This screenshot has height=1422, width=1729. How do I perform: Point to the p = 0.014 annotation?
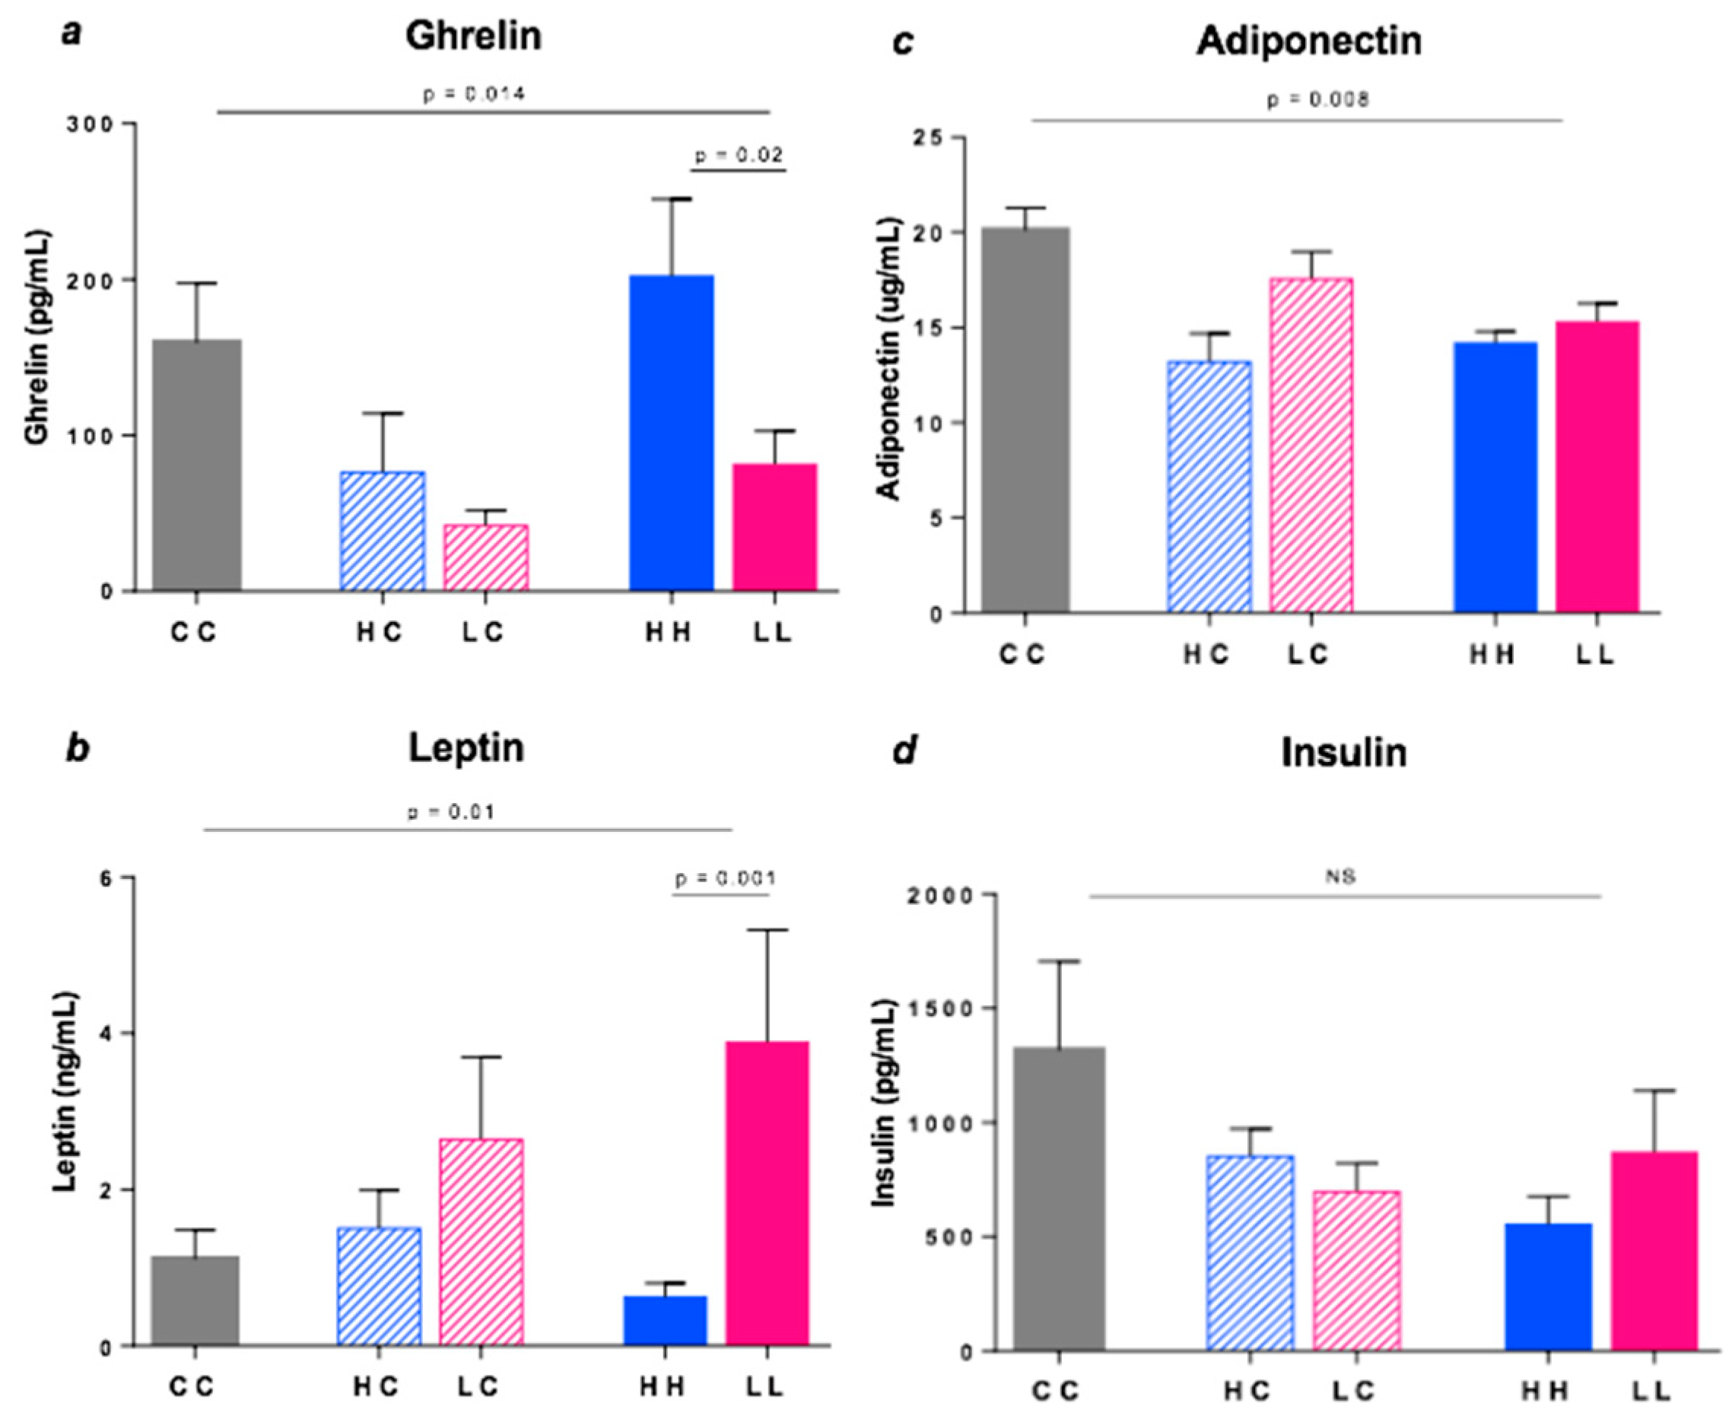click(x=474, y=94)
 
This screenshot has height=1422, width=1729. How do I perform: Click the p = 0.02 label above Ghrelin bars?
click(x=739, y=155)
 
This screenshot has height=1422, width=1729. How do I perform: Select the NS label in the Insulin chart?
click(x=1340, y=877)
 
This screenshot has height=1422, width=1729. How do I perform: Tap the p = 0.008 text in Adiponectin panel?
click(x=1317, y=100)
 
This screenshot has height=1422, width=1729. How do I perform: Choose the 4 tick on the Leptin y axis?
click(x=106, y=1033)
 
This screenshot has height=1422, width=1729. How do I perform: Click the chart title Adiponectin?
click(x=1308, y=41)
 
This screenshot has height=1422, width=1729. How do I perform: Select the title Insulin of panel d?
click(x=1344, y=752)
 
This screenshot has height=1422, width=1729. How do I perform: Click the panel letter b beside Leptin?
click(x=77, y=748)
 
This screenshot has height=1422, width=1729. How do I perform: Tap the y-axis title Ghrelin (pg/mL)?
click(x=38, y=338)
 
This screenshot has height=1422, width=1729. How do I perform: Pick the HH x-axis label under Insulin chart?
click(x=1546, y=1391)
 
